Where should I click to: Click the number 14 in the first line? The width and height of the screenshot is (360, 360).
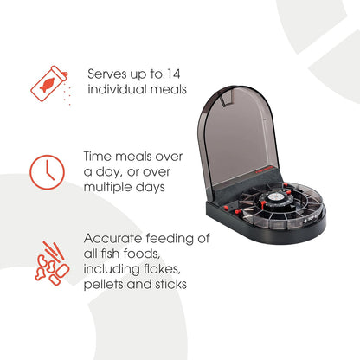(x=173, y=74)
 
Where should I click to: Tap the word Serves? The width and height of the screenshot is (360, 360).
(x=107, y=74)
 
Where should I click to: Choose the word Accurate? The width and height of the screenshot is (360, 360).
(x=113, y=239)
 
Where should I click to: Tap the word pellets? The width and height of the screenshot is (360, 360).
(x=103, y=285)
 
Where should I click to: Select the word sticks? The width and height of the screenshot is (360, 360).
(x=170, y=284)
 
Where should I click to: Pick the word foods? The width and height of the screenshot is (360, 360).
(x=142, y=254)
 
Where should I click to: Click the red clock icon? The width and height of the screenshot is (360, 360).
(x=48, y=172)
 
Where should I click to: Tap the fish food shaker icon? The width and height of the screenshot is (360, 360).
(x=49, y=84)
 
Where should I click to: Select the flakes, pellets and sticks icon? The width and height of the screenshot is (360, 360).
(x=51, y=263)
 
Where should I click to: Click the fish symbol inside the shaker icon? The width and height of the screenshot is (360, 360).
(x=47, y=85)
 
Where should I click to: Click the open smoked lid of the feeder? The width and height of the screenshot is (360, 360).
(x=238, y=136)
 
